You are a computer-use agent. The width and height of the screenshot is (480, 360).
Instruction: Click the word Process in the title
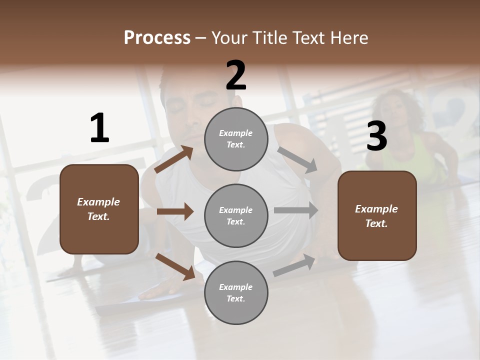click(157, 38)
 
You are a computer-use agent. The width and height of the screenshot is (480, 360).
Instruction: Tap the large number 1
click(99, 128)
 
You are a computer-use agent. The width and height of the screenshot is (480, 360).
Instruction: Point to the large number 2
click(236, 75)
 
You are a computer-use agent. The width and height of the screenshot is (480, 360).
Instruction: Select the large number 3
click(377, 136)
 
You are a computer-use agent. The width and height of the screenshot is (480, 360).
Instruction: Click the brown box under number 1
click(99, 209)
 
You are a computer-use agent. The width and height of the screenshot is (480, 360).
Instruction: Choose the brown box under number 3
click(377, 216)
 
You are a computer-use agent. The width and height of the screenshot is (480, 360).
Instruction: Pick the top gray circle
click(236, 139)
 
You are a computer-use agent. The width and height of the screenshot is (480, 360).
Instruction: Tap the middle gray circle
click(236, 216)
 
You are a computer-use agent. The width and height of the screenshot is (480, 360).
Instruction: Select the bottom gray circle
click(236, 293)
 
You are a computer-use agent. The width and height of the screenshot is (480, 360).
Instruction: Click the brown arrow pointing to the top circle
click(174, 159)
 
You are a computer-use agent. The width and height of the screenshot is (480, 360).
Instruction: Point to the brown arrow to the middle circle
click(175, 211)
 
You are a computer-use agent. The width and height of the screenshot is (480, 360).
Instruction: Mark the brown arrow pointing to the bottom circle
click(175, 266)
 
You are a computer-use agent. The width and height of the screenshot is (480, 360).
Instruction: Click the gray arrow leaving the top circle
click(297, 159)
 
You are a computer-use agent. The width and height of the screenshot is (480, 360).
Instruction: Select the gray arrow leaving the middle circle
click(296, 210)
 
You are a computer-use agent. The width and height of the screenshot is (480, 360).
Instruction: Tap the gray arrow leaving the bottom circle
click(294, 265)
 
